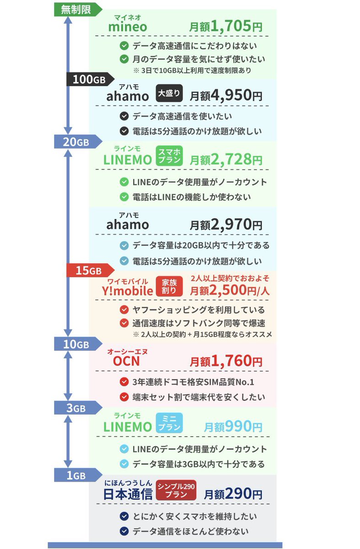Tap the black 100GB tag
pos(90,79)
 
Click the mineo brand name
pos(128,27)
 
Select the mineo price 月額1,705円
pos(226,27)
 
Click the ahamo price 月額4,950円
pos(226,95)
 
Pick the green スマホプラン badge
pos(169,156)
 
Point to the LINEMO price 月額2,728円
pos(226,159)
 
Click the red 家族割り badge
pos(169,287)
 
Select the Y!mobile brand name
pos(128,290)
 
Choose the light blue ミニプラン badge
pos(169,423)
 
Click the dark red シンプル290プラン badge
pos(176,490)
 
